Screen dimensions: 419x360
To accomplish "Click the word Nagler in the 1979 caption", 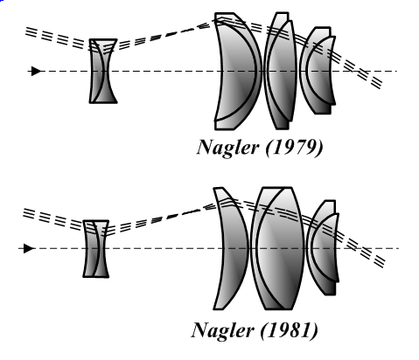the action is coord(227,148).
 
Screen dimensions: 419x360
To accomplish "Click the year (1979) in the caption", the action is coord(295,148).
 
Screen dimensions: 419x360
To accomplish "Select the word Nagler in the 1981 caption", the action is coord(222,330).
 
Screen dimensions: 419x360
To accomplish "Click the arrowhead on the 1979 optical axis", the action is coord(36,71).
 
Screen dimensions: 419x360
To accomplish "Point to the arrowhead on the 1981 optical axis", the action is coord(29,249).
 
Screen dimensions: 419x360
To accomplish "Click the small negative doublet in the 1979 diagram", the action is coord(103,71).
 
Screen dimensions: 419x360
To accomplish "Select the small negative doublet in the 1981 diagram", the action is coord(96,248).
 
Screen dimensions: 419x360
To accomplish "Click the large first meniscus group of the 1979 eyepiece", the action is coord(238,71).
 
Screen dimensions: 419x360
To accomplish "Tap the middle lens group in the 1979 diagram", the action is coord(281,71).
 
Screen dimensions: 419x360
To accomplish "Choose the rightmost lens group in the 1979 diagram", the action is coord(318,71).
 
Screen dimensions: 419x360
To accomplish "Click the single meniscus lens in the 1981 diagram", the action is coord(231,248).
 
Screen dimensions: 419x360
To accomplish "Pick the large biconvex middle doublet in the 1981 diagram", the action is coord(277,248).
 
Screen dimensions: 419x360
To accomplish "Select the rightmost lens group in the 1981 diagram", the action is coord(323,248).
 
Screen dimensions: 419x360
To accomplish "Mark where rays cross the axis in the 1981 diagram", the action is coord(358,249).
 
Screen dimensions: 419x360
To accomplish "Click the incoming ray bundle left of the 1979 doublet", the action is coord(58,38).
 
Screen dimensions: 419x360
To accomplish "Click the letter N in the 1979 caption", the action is coord(207,147).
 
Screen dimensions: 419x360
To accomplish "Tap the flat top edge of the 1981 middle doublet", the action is coord(277,188).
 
